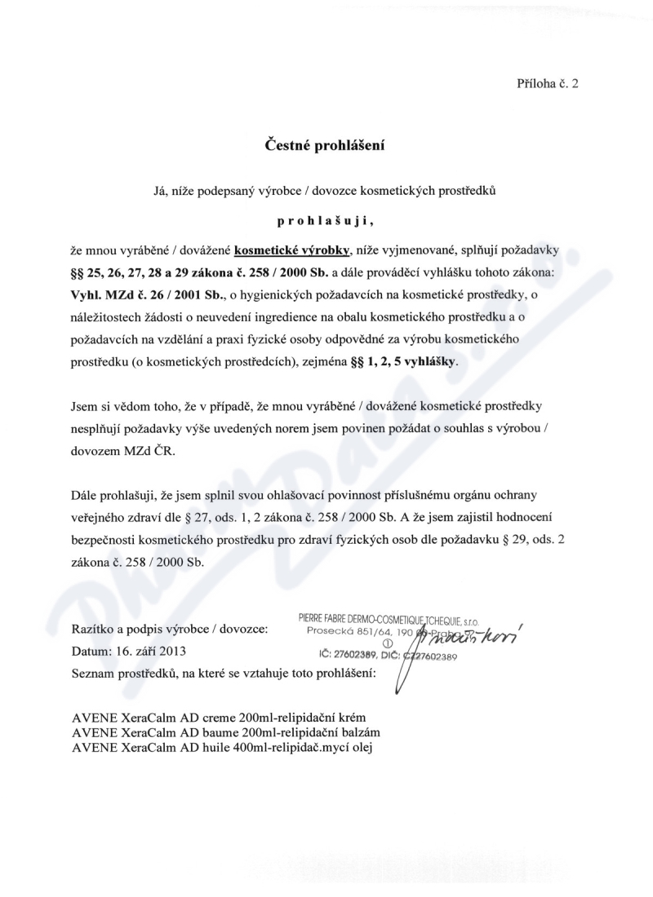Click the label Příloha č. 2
(x=548, y=83)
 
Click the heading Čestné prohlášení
(x=325, y=146)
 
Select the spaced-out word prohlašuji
(x=325, y=220)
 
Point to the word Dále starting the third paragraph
(x=84, y=495)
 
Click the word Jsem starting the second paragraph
(x=85, y=404)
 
